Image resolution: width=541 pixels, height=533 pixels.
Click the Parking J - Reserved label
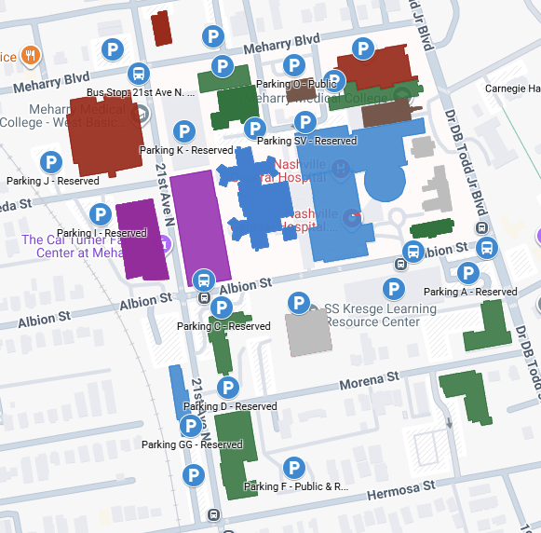[52, 181]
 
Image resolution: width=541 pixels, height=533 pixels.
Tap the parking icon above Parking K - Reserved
[184, 131]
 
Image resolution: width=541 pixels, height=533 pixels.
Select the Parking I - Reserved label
[101, 233]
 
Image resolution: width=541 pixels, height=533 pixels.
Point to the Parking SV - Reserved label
[306, 141]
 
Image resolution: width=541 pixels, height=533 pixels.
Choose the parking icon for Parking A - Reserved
[468, 273]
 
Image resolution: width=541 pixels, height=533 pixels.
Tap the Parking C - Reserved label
[223, 326]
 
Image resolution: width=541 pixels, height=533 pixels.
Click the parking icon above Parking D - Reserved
[226, 388]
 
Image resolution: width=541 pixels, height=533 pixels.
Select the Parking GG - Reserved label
[192, 444]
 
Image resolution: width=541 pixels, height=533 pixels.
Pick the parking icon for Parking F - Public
[294, 468]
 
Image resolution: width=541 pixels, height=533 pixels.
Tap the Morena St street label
[368, 379]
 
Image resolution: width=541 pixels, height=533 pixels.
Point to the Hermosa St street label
[403, 486]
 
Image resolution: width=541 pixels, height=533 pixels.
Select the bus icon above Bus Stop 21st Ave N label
[139, 73]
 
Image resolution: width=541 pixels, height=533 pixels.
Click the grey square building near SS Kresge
[307, 332]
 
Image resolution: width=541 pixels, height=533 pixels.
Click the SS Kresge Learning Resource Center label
[373, 315]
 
